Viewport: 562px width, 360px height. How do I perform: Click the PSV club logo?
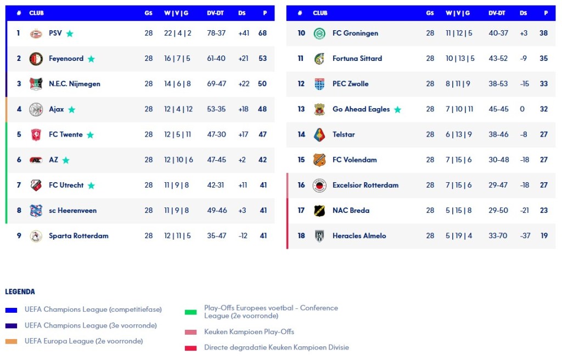[x=36, y=33]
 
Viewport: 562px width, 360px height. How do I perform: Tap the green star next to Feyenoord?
[x=91, y=59]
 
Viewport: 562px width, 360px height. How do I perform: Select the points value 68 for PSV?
[x=262, y=33]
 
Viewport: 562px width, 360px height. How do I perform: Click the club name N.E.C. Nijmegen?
[x=74, y=84]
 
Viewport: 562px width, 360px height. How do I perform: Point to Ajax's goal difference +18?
[x=243, y=109]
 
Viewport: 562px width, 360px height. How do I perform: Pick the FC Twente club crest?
[x=36, y=134]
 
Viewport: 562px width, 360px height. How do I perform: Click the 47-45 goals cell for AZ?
[x=216, y=160]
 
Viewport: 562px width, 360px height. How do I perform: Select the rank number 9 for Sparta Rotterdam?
[x=19, y=235]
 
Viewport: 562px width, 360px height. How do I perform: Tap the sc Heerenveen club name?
[x=72, y=210]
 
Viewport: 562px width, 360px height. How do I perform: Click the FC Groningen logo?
[x=319, y=33]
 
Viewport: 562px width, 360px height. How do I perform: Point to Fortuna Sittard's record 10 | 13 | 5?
[x=460, y=58]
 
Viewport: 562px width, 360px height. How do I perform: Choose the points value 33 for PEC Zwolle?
[x=543, y=84]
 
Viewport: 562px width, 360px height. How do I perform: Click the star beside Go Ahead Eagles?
[x=397, y=110]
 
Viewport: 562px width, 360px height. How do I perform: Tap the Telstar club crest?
[x=319, y=134]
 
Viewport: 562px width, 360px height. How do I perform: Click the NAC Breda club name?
[x=351, y=210]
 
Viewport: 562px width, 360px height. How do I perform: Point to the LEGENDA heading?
[x=20, y=291]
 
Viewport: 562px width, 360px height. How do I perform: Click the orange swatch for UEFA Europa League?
[x=11, y=341]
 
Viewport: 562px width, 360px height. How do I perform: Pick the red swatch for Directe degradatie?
[x=190, y=348]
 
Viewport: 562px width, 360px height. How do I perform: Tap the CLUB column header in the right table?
[x=320, y=13]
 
